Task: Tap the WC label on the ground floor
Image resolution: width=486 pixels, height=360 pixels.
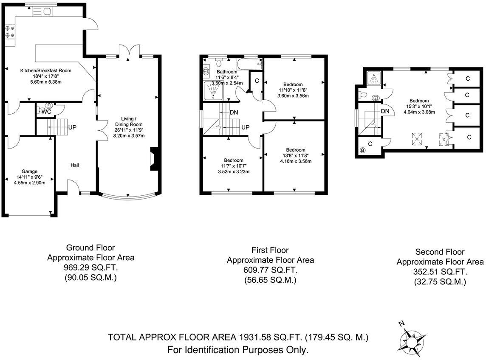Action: click(46, 112)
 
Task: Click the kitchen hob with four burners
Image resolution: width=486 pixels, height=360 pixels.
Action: click(10, 32)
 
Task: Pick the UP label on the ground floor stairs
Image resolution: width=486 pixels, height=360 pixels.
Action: click(72, 127)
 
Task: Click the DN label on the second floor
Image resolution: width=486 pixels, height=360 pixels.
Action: click(385, 111)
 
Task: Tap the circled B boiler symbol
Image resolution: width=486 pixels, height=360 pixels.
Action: click(363, 150)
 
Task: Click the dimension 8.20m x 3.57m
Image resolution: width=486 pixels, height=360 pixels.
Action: click(129, 136)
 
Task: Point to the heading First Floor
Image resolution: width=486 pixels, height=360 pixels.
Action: click(270, 250)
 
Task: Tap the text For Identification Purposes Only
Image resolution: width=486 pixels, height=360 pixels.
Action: click(237, 350)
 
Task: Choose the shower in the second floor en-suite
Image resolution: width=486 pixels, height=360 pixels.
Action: click(374, 78)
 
